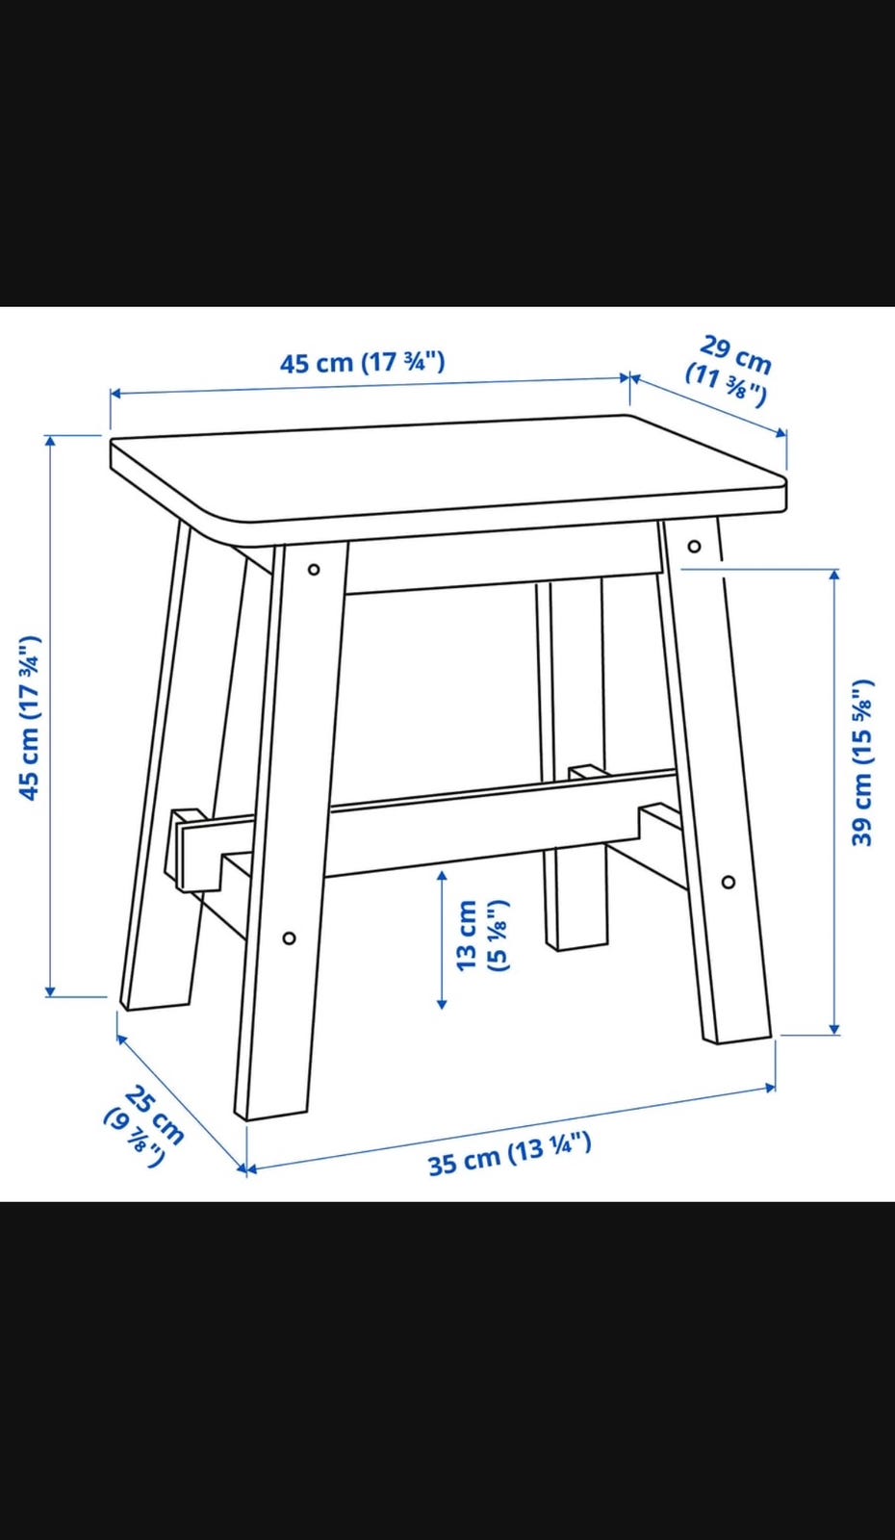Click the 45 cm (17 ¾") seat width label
coord(362,362)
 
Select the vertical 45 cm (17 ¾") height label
coord(30,718)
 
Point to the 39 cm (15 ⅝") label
coord(862,762)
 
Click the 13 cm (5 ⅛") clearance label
coord(482,936)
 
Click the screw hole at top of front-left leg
coord(314,570)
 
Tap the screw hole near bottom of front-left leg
coord(290,937)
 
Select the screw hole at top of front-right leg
coord(694,547)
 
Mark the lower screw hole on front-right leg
coord(729,882)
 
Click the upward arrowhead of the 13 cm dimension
coord(442,877)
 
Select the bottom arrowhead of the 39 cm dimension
coord(834,1029)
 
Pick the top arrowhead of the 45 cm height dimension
coord(49,442)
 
